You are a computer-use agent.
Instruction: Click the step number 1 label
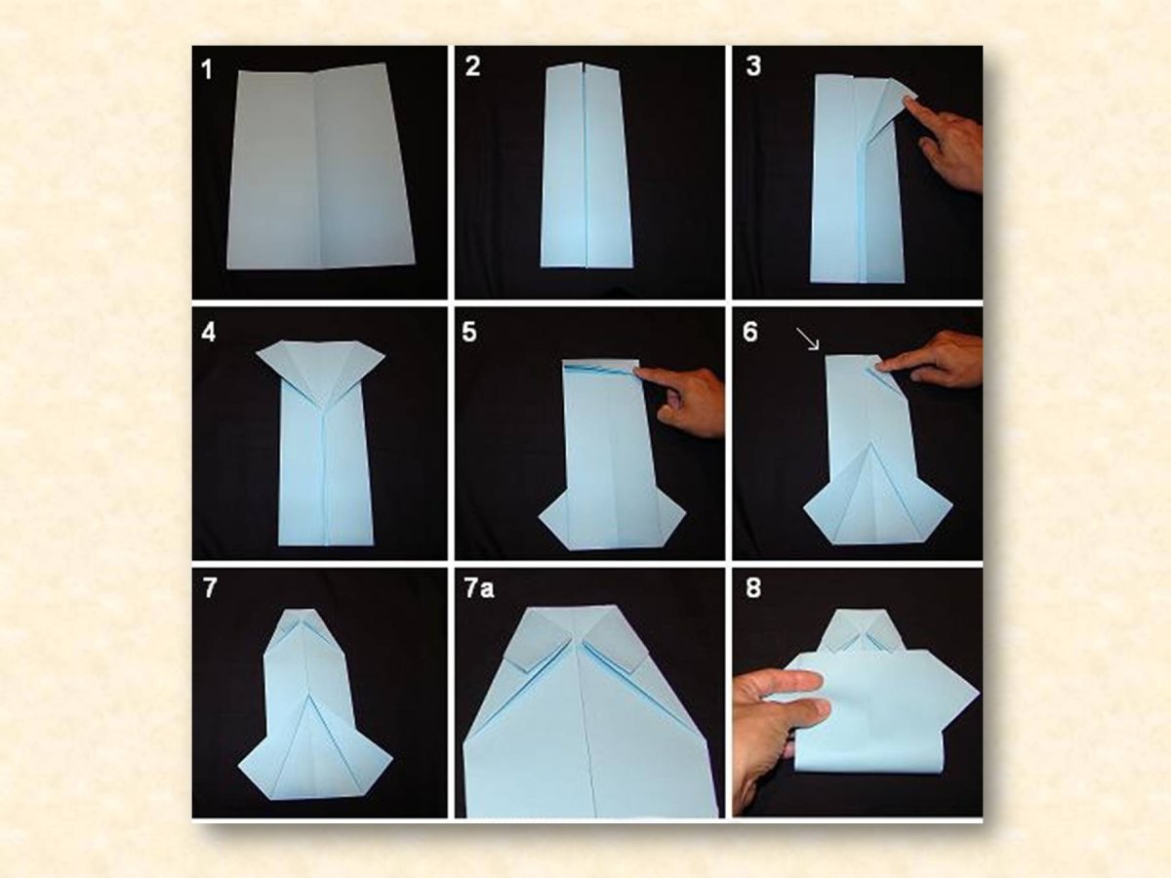[207, 70]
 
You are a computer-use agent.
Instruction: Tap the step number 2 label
[472, 66]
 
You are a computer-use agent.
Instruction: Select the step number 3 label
[753, 66]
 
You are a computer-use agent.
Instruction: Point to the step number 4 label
[209, 332]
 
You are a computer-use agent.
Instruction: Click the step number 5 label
[469, 332]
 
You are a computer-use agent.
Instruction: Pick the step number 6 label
[750, 332]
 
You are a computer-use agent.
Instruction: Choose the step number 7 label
[210, 588]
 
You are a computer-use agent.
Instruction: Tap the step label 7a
[479, 588]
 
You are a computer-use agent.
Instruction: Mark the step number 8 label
[753, 588]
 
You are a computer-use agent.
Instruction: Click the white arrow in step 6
[807, 339]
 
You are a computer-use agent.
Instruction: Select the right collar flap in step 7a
[615, 639]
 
